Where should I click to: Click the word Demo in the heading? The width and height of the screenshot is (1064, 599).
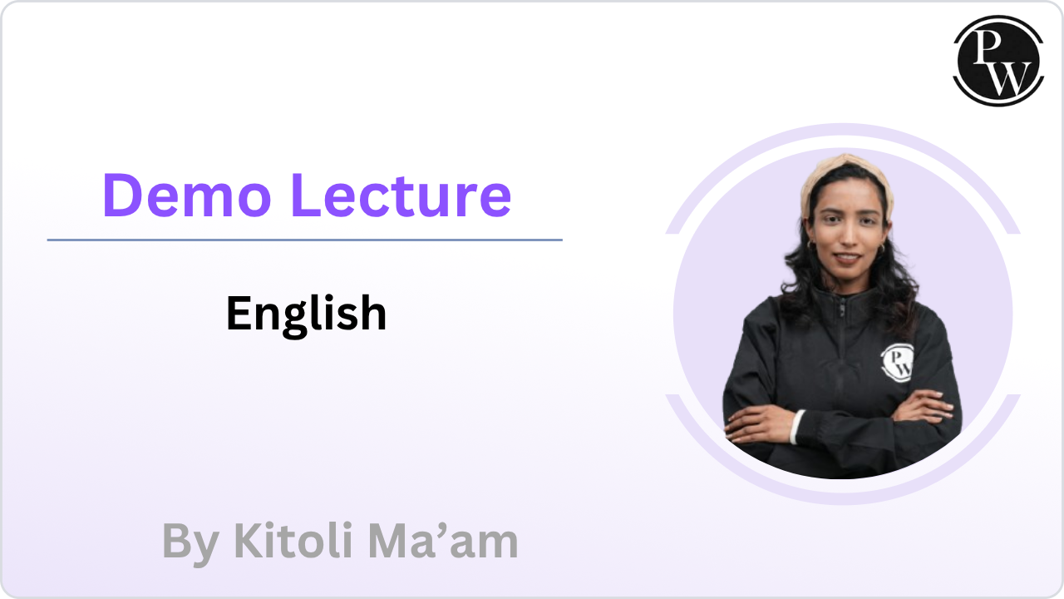coord(187,196)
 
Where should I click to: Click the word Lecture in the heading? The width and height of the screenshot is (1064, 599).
coord(401,196)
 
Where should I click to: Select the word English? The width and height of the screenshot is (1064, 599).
coord(307,314)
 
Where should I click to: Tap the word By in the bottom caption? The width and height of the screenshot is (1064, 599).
coord(190,543)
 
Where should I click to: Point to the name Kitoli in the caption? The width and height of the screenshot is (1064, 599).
coord(293,540)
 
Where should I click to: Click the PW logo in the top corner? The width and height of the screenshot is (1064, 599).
coord(998,61)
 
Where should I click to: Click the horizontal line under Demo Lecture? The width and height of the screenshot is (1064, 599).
coord(304,240)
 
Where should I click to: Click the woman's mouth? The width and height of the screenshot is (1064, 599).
coord(847,257)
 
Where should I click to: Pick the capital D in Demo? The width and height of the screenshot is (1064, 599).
coord(121,196)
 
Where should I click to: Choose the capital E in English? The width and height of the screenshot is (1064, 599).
coord(239,313)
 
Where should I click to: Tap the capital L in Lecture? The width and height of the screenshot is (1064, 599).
coord(307,196)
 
